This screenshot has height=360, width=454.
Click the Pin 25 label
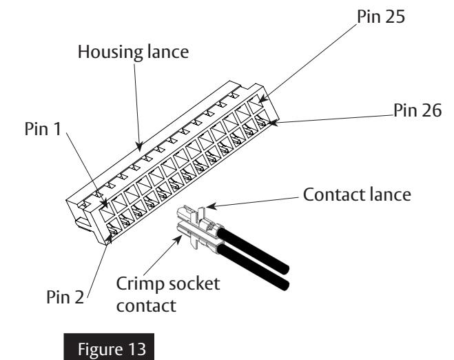coord(381,17)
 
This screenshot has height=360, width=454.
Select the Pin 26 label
coord(417,110)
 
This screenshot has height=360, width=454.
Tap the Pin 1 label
coord(43,129)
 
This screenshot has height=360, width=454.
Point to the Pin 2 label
coord(65,297)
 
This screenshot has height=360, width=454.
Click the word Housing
coord(111,52)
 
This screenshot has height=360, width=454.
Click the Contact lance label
coord(357,194)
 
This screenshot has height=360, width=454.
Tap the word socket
coord(194,283)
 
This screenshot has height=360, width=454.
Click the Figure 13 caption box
coord(109,347)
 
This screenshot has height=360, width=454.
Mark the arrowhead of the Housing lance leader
coord(140,146)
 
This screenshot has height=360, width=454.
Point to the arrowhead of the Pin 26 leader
coord(274,123)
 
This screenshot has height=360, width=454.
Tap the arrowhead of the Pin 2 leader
coord(110,239)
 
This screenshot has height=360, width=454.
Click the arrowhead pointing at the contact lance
coord(211,206)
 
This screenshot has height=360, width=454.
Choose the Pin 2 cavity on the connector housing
coord(114,228)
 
